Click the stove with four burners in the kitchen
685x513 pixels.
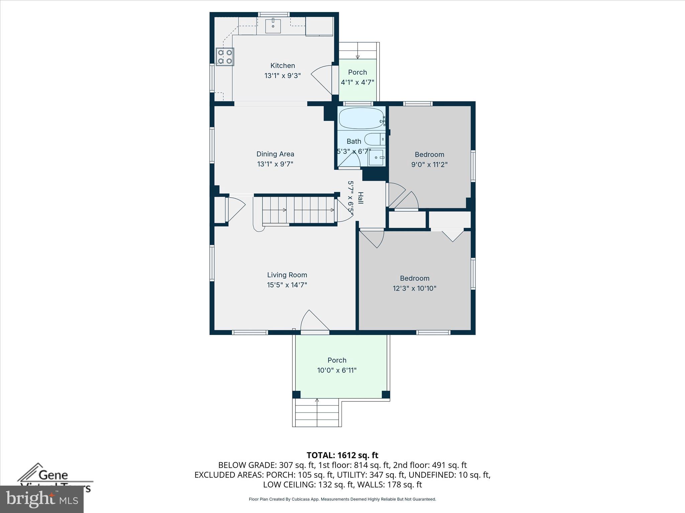point(225,57)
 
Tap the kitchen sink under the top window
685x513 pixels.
point(273,26)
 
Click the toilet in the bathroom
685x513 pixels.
point(374,139)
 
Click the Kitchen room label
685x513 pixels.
point(283,65)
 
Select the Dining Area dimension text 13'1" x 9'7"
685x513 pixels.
point(275,164)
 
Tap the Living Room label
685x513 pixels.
point(287,275)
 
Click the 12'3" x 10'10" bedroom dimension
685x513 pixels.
point(414,288)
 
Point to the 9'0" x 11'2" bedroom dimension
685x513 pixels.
point(429,164)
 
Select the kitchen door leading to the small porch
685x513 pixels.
point(323,80)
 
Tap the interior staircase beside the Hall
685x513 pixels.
point(298,210)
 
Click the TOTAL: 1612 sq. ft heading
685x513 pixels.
point(342,455)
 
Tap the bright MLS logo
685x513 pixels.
point(42,499)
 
